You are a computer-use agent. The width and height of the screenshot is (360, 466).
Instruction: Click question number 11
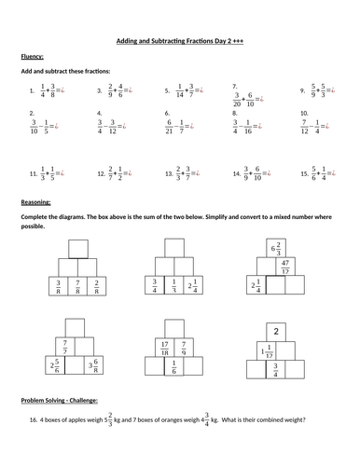[33, 174]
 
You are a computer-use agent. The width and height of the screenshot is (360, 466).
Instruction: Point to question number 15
[304, 174]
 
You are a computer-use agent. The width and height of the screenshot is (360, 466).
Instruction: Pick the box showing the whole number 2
[277, 330]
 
